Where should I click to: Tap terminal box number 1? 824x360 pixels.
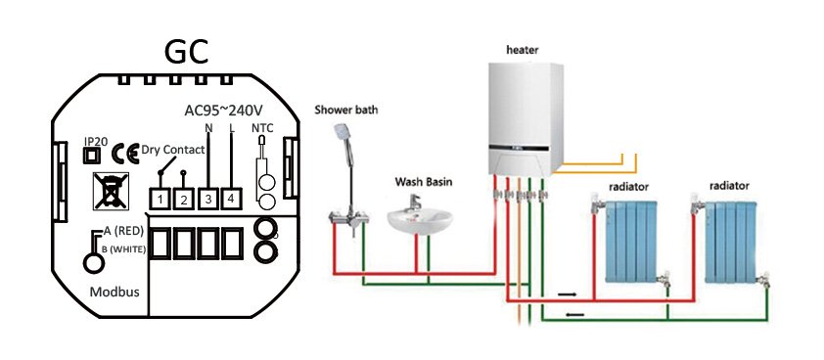159,200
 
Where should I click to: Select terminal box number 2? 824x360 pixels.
182,200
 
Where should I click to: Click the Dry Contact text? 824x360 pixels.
172,150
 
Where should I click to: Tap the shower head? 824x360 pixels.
343,133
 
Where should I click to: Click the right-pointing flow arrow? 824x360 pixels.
569,292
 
